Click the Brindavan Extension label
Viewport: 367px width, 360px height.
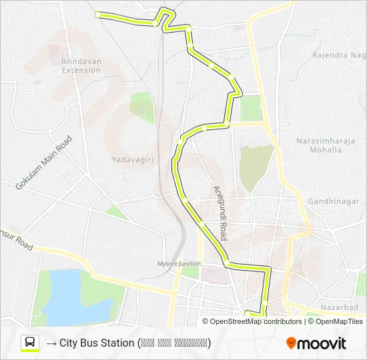click(80, 65)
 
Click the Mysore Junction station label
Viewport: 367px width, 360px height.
click(178, 263)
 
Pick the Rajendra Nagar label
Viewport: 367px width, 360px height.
click(339, 55)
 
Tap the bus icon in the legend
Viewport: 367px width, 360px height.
click(30, 343)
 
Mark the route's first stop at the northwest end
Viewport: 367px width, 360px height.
click(99, 14)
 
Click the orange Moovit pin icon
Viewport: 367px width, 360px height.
click(291, 344)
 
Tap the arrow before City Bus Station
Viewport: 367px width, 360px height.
click(51, 343)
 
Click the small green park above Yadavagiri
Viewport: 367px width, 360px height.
click(141, 105)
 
